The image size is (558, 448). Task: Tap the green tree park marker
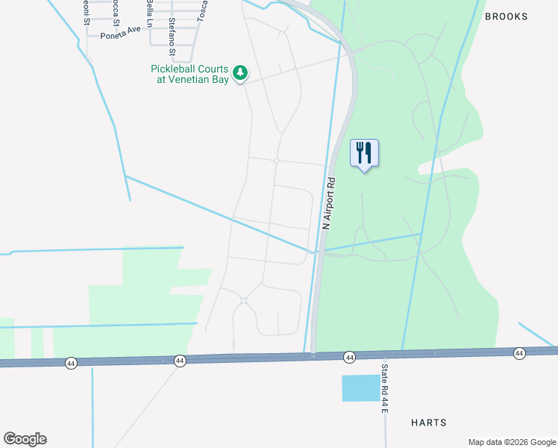point(239,72)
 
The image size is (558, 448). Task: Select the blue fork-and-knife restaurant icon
point(364,153)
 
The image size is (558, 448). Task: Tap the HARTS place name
point(429,423)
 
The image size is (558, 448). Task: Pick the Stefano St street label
point(172,37)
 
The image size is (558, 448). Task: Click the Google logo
point(25,439)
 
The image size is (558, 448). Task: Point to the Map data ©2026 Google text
point(511,442)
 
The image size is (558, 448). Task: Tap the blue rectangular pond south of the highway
point(360,388)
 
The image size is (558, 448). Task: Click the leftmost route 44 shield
point(71,363)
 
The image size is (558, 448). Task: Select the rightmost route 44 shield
point(519,352)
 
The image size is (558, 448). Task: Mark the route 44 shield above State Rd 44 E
point(349,358)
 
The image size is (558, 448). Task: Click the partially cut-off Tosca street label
point(201,10)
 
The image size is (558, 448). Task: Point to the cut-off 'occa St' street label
point(115,11)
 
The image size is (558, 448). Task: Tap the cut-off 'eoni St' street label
point(86,13)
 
